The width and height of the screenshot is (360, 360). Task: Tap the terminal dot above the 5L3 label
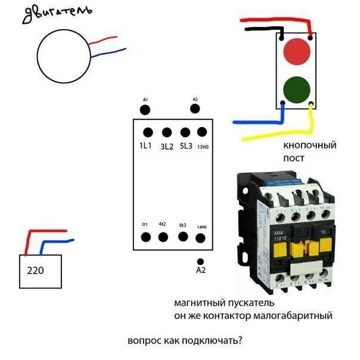[185, 132]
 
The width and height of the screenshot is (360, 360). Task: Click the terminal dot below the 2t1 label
[145, 237]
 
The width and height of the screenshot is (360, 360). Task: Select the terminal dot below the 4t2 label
[163, 237]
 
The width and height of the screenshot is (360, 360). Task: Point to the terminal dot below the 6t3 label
[182, 237]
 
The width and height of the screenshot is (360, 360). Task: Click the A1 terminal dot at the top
[144, 109]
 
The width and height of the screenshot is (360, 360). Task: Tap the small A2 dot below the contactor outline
[201, 261]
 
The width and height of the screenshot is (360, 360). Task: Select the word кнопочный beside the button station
[310, 145]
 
